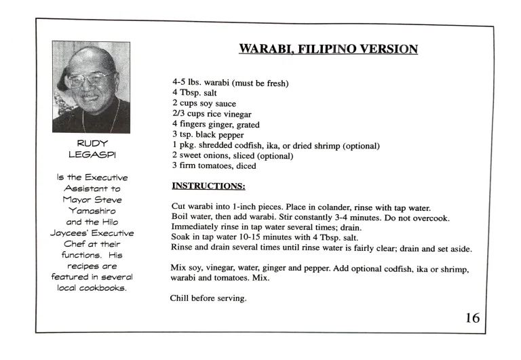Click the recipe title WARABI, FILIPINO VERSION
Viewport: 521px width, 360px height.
click(328, 49)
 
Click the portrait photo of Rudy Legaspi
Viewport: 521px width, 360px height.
click(91, 87)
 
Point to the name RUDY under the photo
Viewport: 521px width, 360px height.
click(90, 144)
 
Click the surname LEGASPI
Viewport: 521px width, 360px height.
click(90, 156)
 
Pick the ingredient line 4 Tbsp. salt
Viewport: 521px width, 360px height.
click(194, 93)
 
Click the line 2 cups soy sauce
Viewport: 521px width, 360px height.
click(204, 104)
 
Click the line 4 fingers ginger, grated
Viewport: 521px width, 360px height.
click(216, 125)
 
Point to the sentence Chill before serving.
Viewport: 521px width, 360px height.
click(207, 296)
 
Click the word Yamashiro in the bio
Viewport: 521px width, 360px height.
click(91, 210)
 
